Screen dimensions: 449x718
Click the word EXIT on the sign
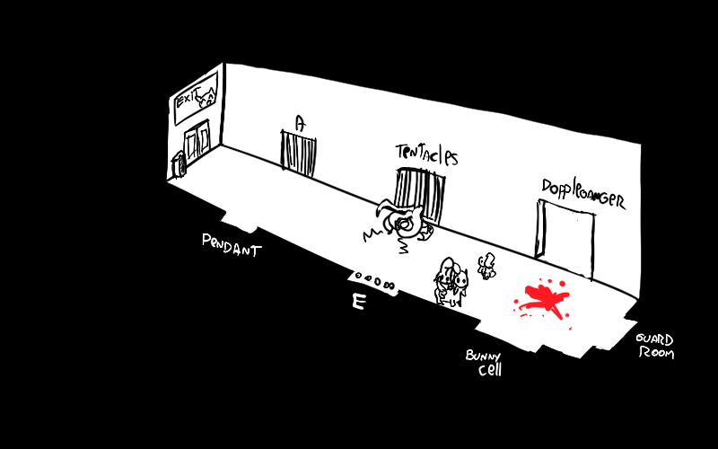pos(187,101)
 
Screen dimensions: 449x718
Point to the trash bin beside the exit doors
pos(179,164)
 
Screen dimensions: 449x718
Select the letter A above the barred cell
pos(301,124)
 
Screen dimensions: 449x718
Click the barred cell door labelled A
pos(299,154)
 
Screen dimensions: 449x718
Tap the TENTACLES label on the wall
pos(426,154)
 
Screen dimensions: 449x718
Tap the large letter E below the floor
pos(358,304)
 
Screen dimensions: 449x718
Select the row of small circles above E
pos(375,279)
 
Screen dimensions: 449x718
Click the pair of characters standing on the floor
pos(451,282)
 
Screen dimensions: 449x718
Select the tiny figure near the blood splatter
pos(487,266)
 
